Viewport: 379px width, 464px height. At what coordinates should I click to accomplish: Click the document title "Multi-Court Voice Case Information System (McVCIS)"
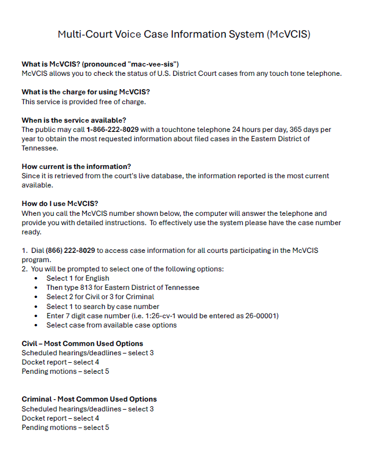pyautogui.click(x=184, y=34)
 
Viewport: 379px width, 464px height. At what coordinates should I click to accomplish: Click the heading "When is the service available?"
pyautogui.click(x=74, y=120)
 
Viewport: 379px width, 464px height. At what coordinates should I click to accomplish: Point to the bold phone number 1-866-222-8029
pyautogui.click(x=112, y=130)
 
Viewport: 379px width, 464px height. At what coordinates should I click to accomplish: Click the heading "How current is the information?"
pyautogui.click(x=76, y=167)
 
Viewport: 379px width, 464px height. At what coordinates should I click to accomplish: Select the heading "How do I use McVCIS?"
pyautogui.click(x=60, y=204)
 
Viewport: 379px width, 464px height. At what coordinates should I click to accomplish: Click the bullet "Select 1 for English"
pyautogui.click(x=78, y=278)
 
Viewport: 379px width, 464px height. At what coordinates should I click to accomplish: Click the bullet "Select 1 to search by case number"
pyautogui.click(x=103, y=306)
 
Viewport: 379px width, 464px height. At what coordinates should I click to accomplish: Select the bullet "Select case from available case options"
pyautogui.click(x=111, y=325)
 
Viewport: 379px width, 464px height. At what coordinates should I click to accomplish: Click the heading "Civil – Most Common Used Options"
pyautogui.click(x=82, y=344)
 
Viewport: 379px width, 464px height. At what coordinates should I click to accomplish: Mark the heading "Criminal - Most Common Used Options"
pyautogui.click(x=89, y=399)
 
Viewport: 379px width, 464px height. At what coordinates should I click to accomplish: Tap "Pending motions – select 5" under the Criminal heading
pyautogui.click(x=65, y=428)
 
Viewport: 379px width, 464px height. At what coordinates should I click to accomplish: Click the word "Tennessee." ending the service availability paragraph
pyautogui.click(x=40, y=148)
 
